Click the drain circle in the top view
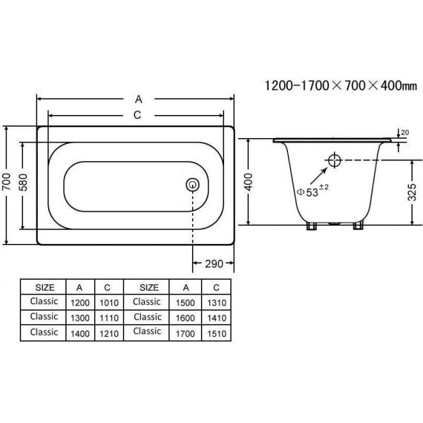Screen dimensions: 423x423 pos(193,185)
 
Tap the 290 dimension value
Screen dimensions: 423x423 pos(214,263)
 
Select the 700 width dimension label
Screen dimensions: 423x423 pos(7,182)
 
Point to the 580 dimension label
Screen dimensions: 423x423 pos(23,183)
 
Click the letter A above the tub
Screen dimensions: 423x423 pos(138,99)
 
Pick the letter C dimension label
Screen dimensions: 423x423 pos(137,115)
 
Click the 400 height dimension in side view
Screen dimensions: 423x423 pos(249,182)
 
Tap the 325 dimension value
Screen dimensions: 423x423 pos(412,192)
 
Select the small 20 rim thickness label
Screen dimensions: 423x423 pos(404,132)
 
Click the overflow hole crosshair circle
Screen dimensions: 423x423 pos(335,160)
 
